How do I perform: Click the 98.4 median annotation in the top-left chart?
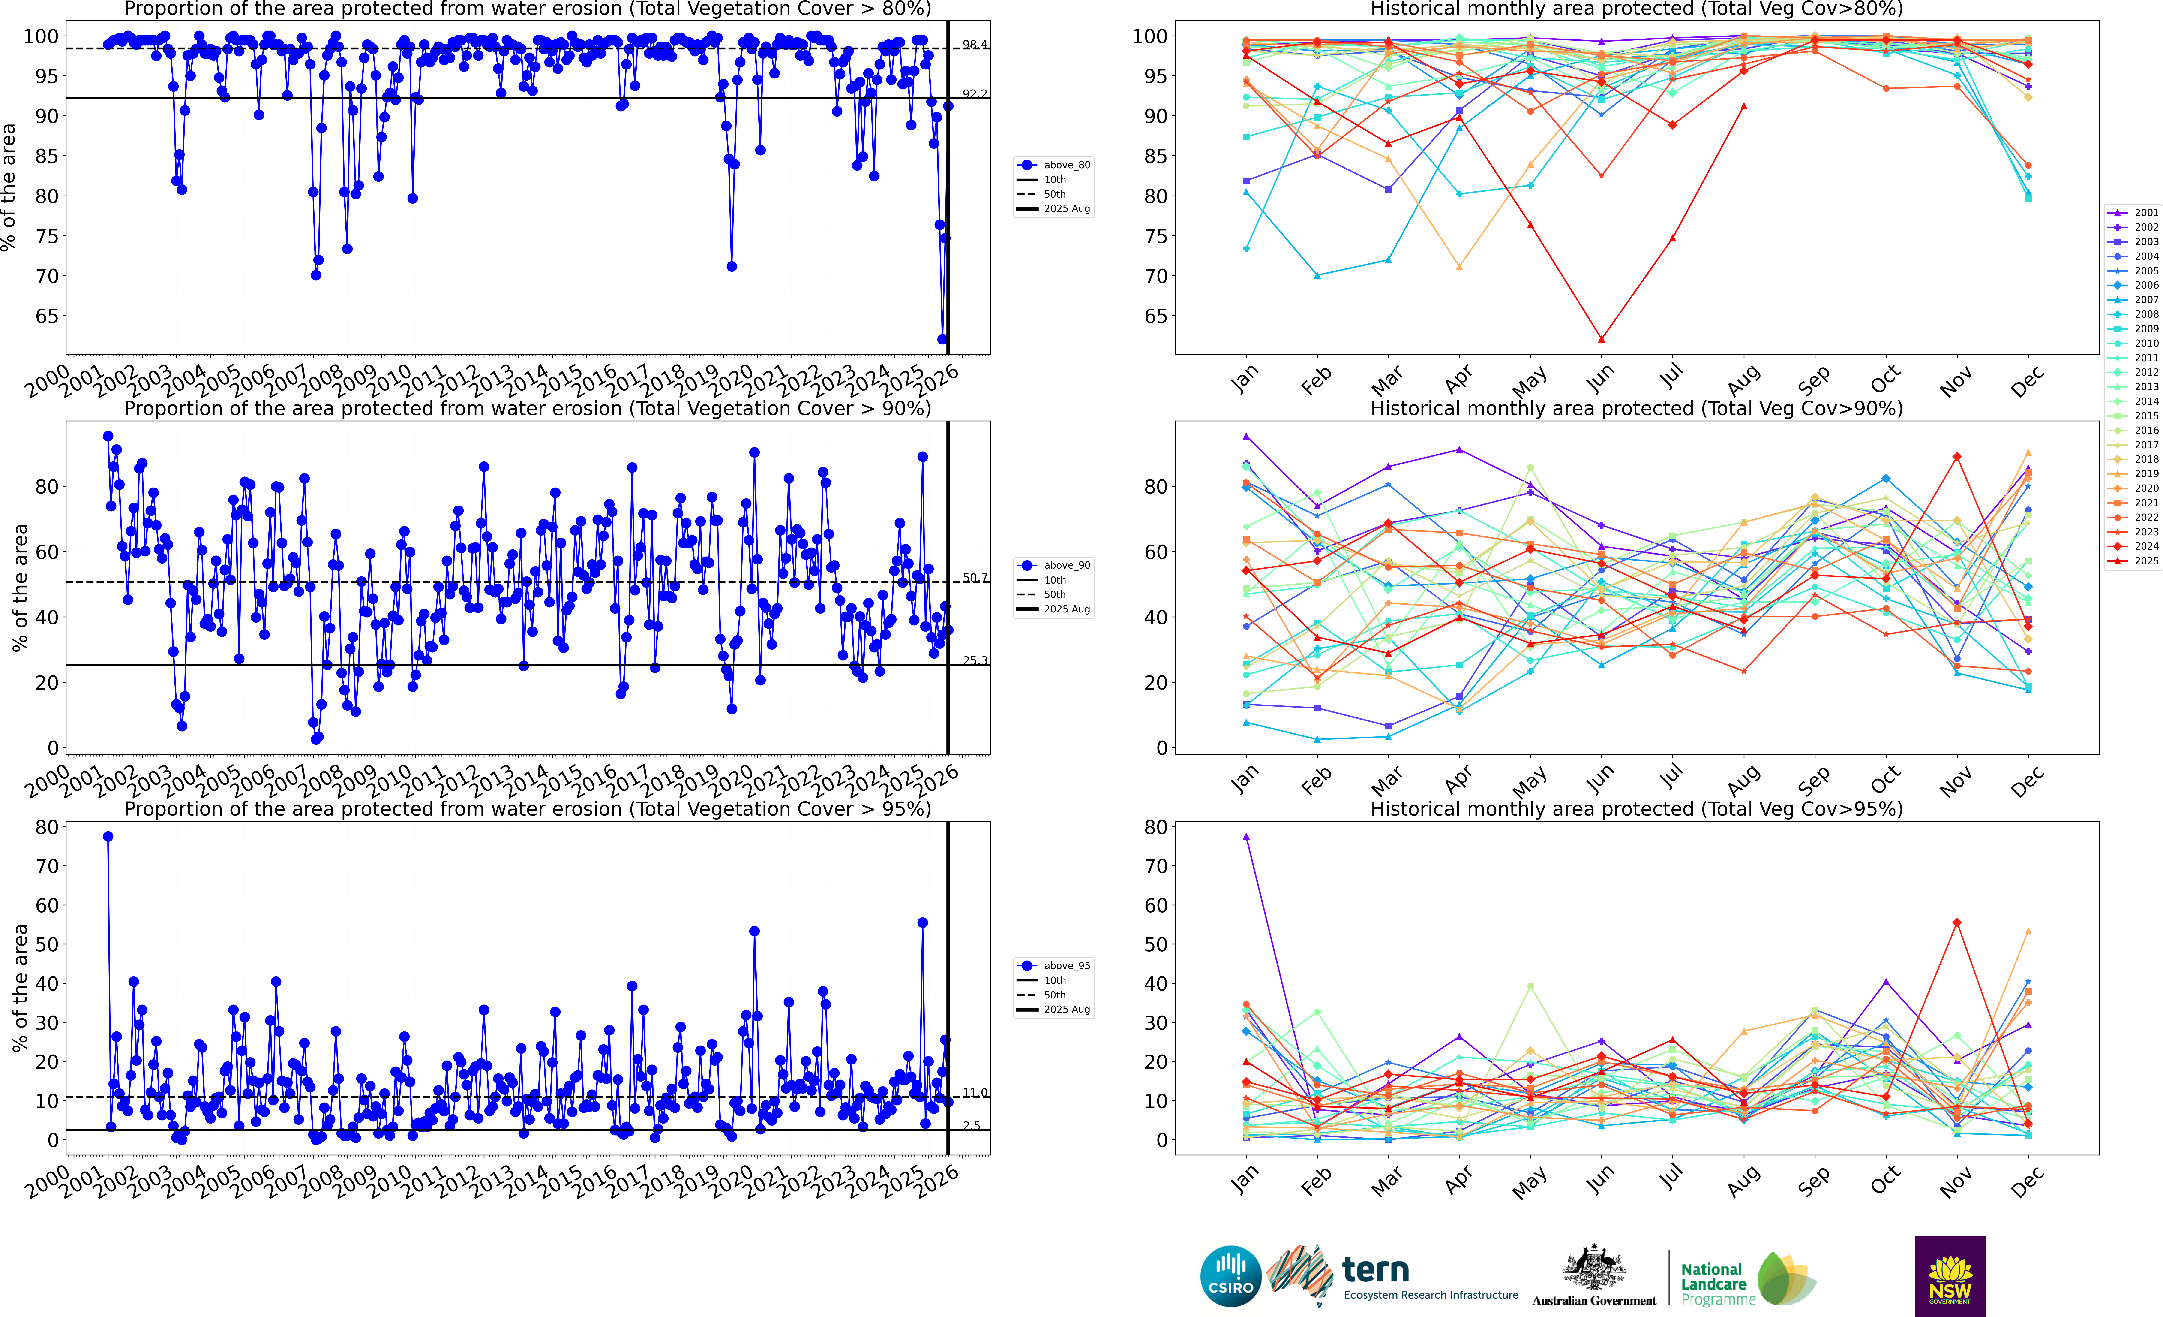click(974, 45)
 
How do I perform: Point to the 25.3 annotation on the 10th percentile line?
click(974, 660)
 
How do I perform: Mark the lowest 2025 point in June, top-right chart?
click(1601, 339)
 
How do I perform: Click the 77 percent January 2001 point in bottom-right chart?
click(1246, 837)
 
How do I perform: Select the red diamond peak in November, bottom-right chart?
click(1957, 923)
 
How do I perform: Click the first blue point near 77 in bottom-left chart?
click(108, 837)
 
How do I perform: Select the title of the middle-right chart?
click(1636, 408)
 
